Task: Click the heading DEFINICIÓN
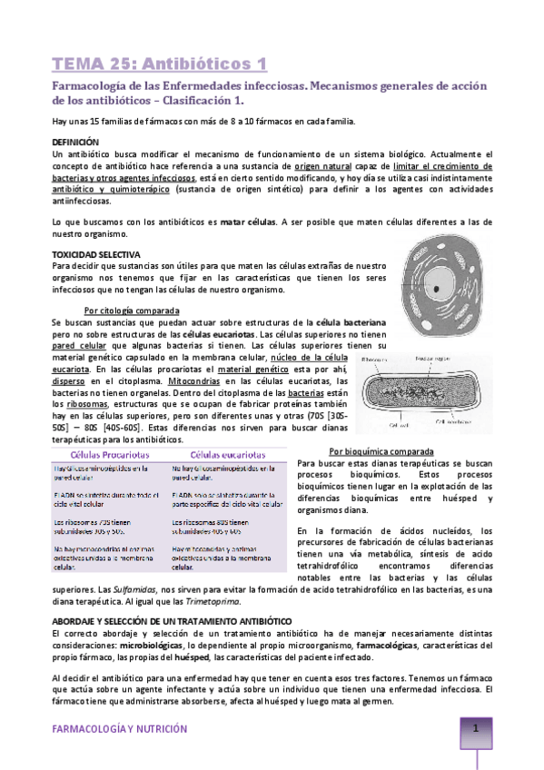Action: [x=76, y=143]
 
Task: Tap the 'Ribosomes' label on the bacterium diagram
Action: [x=374, y=360]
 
